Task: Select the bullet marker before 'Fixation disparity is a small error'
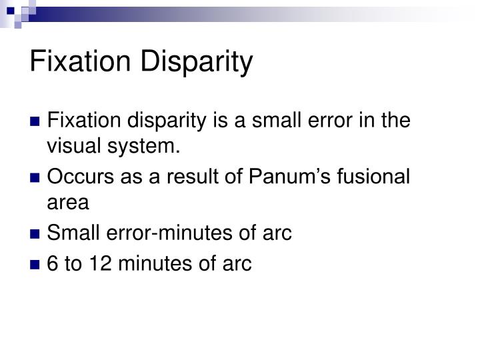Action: click(37, 122)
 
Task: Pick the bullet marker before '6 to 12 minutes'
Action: click(37, 265)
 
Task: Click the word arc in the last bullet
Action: click(237, 265)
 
